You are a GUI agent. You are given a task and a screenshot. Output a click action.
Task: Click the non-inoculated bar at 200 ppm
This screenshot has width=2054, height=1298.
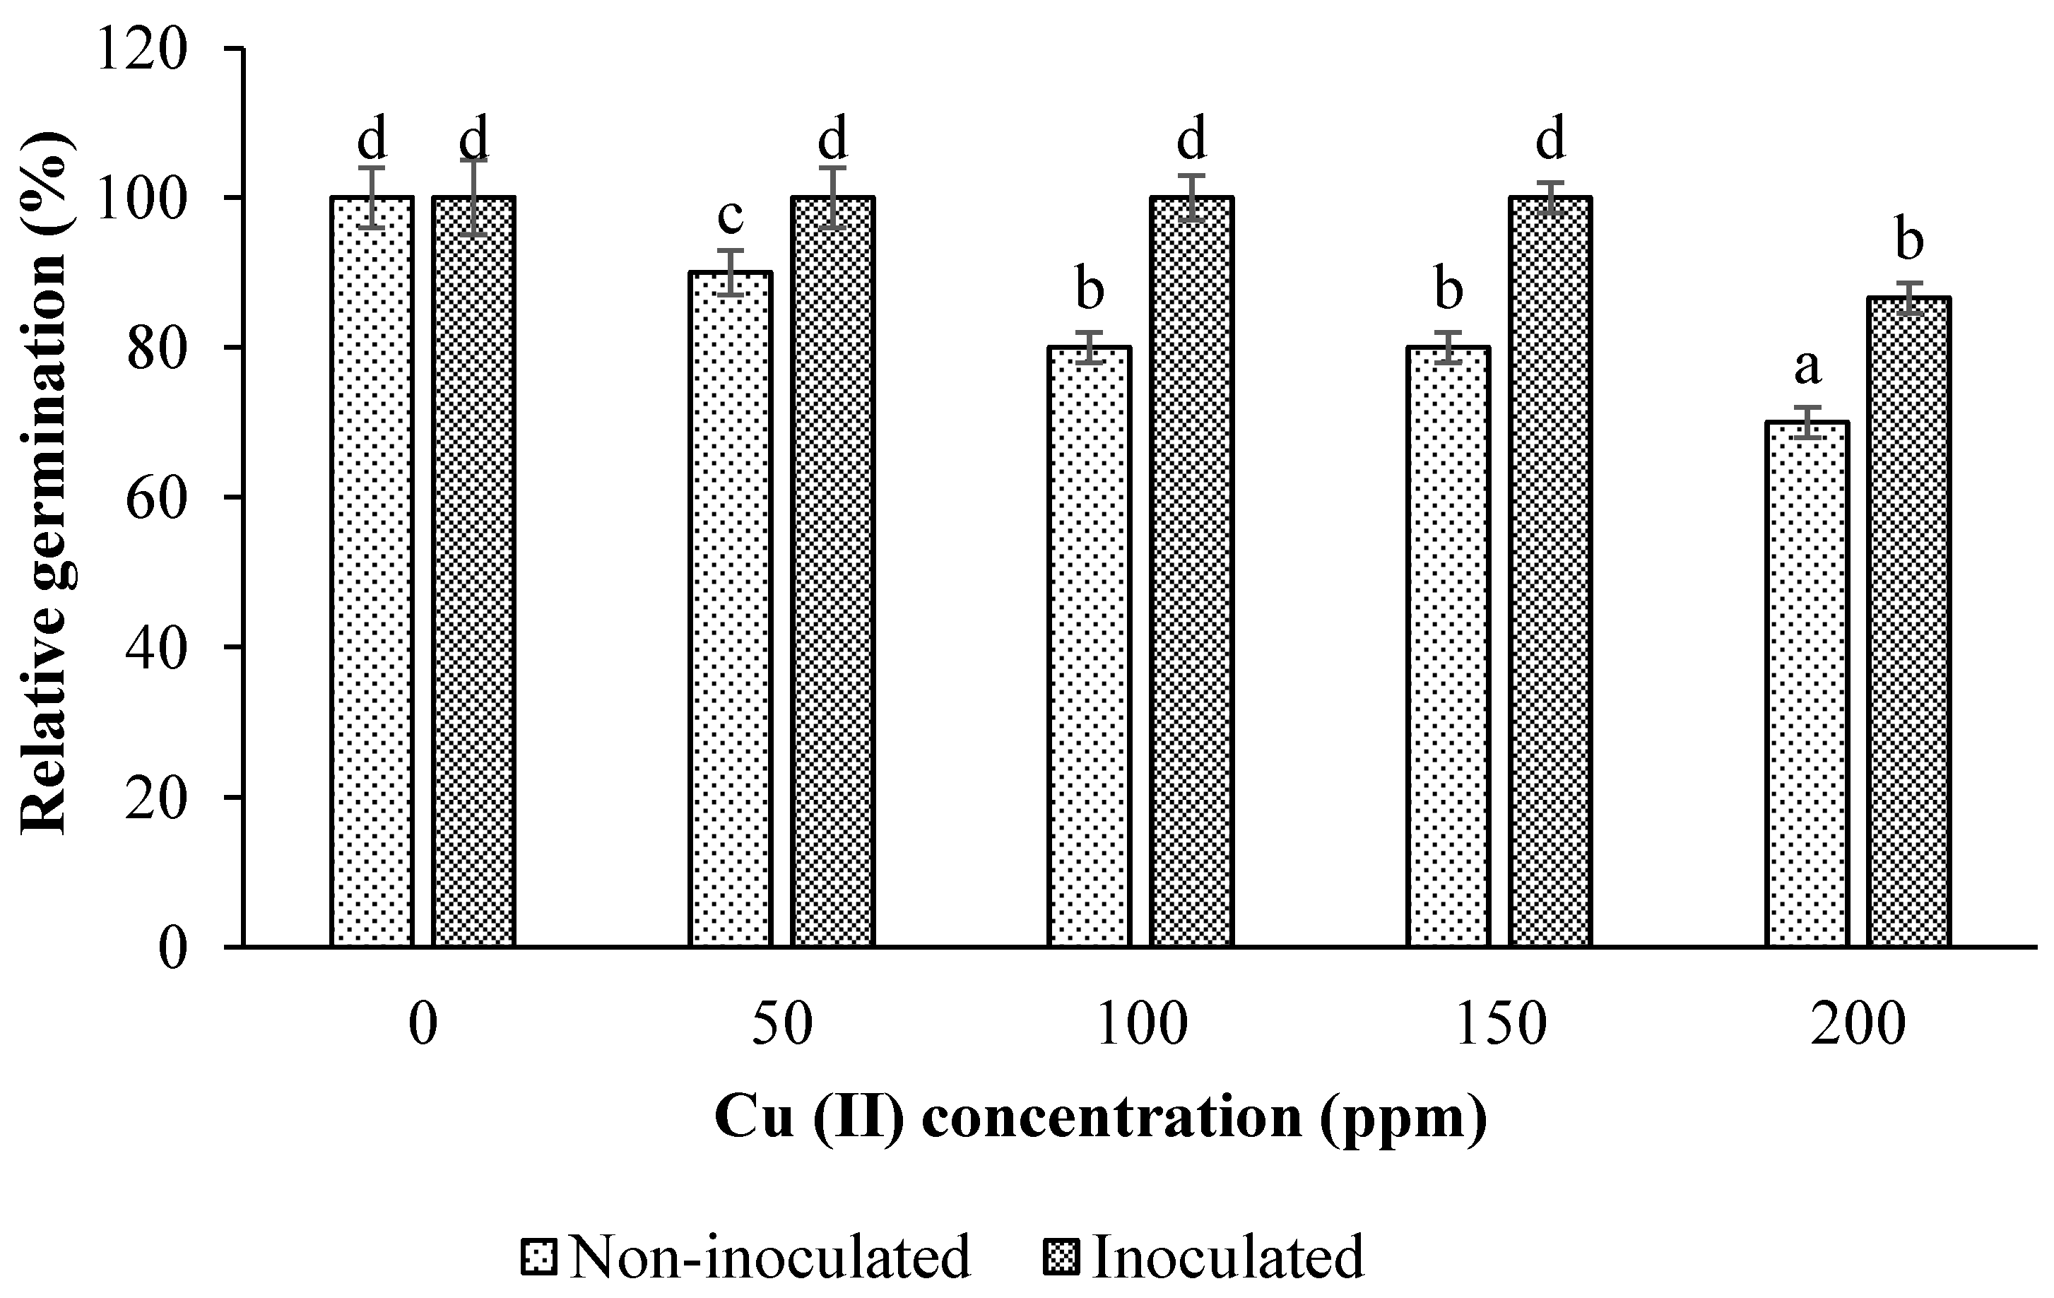1807,683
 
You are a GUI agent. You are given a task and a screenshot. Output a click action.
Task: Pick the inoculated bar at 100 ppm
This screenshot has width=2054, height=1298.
1191,572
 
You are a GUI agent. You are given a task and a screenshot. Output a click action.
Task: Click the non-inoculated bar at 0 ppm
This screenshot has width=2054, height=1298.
372,572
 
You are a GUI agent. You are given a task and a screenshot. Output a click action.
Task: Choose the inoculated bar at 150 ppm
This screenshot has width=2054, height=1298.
1550,572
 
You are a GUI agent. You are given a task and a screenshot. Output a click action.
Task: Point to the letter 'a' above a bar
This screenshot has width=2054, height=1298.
1807,368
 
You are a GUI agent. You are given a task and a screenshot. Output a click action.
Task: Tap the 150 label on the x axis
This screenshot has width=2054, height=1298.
1501,1025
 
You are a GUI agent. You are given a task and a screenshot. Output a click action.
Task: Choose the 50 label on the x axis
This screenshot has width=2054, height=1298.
781,1025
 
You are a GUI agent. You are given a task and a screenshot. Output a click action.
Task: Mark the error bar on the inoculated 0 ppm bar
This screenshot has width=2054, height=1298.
474,197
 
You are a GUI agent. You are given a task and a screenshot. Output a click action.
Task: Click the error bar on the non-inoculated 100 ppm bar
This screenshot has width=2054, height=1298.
1090,347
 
